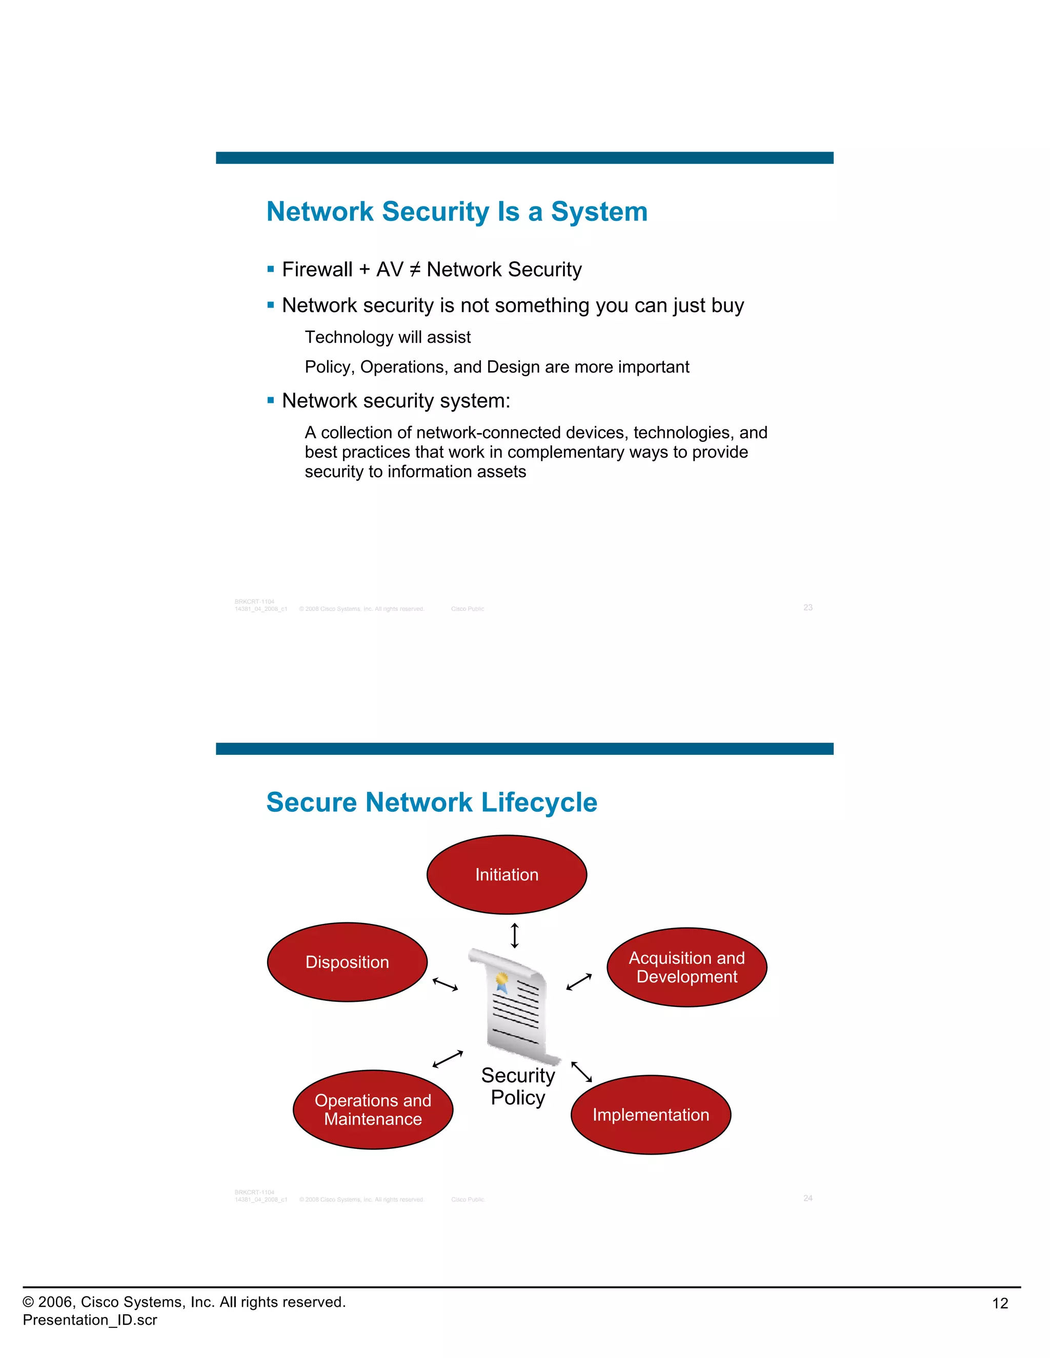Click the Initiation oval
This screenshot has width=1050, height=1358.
pyautogui.click(x=507, y=874)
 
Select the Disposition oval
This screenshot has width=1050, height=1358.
pyautogui.click(x=347, y=962)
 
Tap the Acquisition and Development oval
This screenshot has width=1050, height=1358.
pyautogui.click(x=686, y=967)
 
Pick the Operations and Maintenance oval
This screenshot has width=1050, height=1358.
pyautogui.click(x=373, y=1109)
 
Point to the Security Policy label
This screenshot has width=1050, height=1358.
pyautogui.click(x=517, y=1086)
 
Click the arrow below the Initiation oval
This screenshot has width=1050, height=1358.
pyautogui.click(x=514, y=935)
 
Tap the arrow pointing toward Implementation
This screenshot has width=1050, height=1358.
pyautogui.click(x=581, y=1072)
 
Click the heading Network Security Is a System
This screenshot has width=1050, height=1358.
pyautogui.click(x=457, y=212)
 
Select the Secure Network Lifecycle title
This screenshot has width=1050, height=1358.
pyautogui.click(x=431, y=802)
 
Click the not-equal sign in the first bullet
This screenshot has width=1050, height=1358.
pyautogui.click(x=415, y=269)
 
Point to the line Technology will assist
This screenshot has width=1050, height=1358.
pyautogui.click(x=388, y=337)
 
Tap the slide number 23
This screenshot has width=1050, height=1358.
pyautogui.click(x=808, y=607)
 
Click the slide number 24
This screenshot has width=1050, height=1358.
pyautogui.click(x=808, y=1198)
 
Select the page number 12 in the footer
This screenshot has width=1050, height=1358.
pyautogui.click(x=1000, y=1303)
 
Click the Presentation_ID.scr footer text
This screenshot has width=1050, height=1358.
pyautogui.click(x=90, y=1320)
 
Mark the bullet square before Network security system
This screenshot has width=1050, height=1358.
pyautogui.click(x=271, y=400)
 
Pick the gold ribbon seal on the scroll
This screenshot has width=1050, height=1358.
pyautogui.click(x=501, y=980)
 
